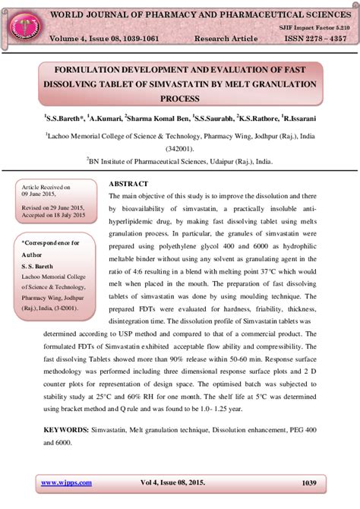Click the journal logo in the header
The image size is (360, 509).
coord(24,25)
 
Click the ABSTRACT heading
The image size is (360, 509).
coord(128,184)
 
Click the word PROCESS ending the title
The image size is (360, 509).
coord(179,98)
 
